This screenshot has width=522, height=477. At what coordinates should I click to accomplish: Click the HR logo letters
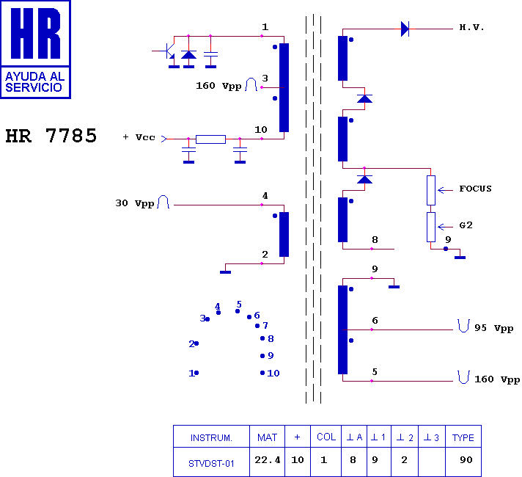(x=35, y=34)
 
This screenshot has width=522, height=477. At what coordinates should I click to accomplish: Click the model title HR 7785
(x=51, y=136)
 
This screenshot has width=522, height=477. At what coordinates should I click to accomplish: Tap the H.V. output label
(x=471, y=28)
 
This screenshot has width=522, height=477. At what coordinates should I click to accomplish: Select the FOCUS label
(x=475, y=189)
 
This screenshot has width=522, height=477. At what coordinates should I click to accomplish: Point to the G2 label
(x=466, y=225)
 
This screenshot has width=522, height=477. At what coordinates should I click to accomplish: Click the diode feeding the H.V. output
(x=405, y=29)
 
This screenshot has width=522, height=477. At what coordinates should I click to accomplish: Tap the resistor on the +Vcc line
(x=210, y=139)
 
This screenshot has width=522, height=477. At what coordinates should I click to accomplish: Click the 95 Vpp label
(x=493, y=328)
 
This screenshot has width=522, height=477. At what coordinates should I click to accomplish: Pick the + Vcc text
(x=139, y=137)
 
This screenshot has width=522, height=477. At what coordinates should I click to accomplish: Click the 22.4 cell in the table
(x=267, y=460)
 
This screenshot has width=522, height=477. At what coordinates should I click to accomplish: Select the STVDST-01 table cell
(x=211, y=462)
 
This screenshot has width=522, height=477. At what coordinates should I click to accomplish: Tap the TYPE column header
(x=463, y=437)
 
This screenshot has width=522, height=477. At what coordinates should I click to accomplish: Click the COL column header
(x=326, y=437)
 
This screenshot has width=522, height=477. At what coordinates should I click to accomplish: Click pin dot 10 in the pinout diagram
(x=262, y=373)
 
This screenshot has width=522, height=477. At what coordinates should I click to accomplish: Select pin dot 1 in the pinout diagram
(x=196, y=373)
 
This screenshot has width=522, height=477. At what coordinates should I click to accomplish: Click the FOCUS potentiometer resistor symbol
(x=431, y=189)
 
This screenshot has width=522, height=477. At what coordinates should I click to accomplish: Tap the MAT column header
(x=267, y=437)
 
